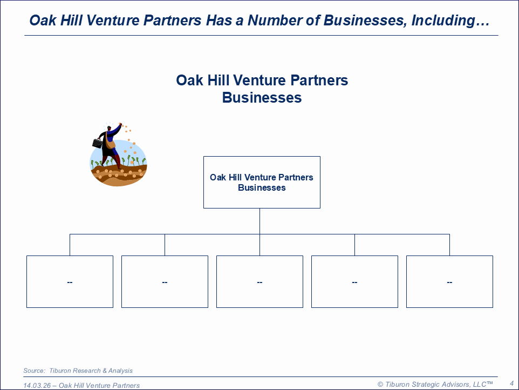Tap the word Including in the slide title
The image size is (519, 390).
click(x=450, y=21)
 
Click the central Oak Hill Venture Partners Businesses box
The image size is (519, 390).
click(x=262, y=182)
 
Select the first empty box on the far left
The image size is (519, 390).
click(x=70, y=281)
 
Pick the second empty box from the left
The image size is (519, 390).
click(x=165, y=281)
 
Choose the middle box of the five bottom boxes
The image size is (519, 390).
click(x=260, y=281)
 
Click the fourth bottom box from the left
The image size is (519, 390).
click(x=355, y=281)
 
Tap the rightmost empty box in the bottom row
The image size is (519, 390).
click(x=449, y=281)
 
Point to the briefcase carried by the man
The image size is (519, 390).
click(x=97, y=143)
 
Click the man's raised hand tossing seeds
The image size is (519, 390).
click(x=120, y=125)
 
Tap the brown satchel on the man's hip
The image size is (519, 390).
click(x=110, y=144)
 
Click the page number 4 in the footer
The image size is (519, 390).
click(x=512, y=384)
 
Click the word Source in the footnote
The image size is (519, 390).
click(x=34, y=371)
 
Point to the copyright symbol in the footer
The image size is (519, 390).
click(x=380, y=385)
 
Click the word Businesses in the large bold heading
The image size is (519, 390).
click(x=262, y=98)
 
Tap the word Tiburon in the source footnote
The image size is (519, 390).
click(x=60, y=371)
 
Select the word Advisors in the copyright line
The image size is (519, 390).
click(x=457, y=385)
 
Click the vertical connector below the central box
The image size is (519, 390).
click(x=260, y=221)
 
